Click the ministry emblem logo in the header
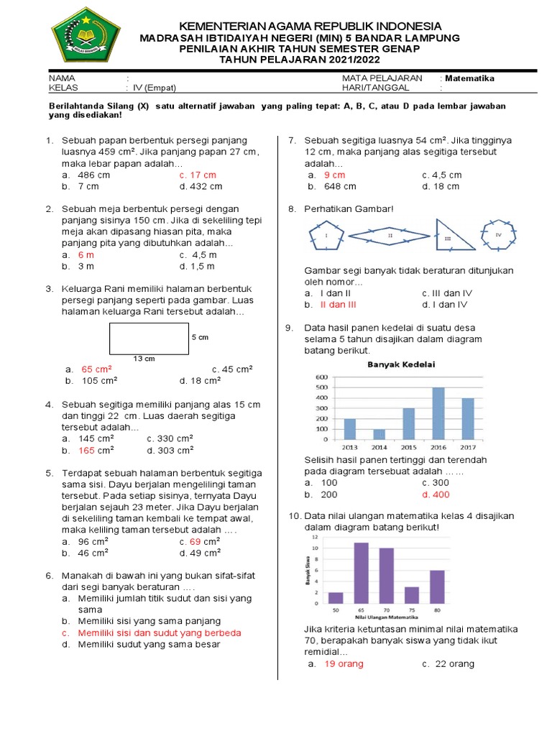click(x=86, y=35)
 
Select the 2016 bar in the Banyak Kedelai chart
click(x=438, y=413)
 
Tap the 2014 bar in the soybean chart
click(x=379, y=433)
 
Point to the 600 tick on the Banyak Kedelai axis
click(x=322, y=377)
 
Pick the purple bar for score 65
click(x=360, y=572)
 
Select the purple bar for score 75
click(x=411, y=594)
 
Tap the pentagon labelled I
click(x=326, y=235)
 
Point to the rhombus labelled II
click(x=389, y=234)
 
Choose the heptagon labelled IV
click(x=497, y=234)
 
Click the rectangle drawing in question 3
click(x=149, y=338)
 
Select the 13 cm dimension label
click(x=144, y=358)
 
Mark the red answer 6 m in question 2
click(x=86, y=254)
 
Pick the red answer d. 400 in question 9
click(x=436, y=494)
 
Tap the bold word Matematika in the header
click(x=469, y=78)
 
